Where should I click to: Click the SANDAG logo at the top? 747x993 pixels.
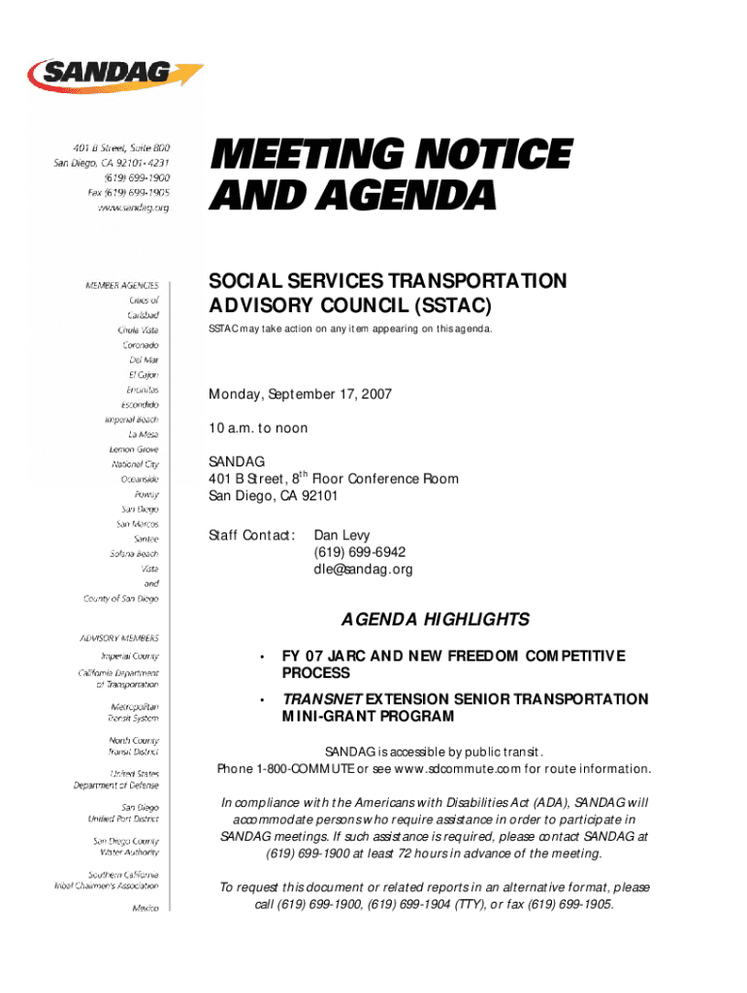coord(114,75)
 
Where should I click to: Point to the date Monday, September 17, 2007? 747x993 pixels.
coord(301,396)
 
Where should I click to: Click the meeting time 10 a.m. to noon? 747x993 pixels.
coord(258,429)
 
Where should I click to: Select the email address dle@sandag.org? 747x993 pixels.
coord(363,569)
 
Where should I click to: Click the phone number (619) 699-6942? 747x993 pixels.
coord(359,553)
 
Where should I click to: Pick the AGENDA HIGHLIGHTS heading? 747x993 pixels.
coord(434,620)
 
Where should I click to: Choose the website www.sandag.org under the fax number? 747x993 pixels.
coord(133,208)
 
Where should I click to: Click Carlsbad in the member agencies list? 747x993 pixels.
coord(143,315)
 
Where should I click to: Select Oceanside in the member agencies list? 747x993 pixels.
coord(140,479)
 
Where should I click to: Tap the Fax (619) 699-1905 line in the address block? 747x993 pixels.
coord(128,193)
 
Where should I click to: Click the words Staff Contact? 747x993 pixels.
coord(251,535)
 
